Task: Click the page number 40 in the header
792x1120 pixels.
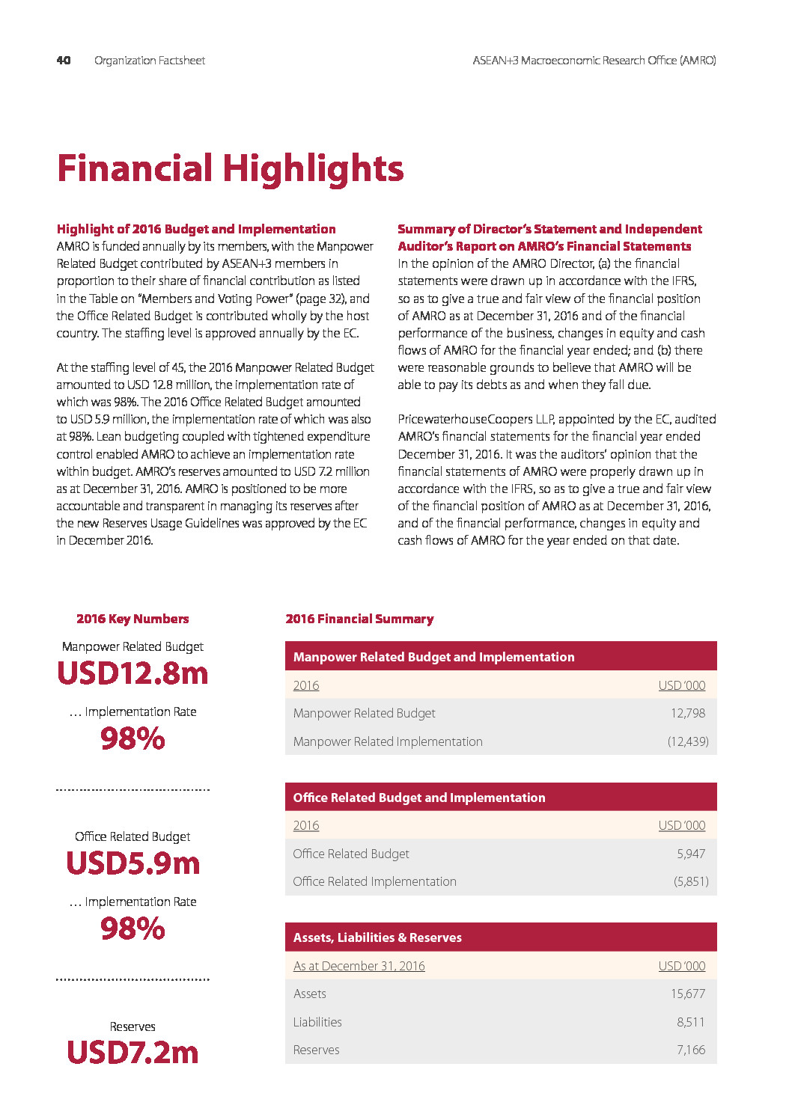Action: (x=64, y=61)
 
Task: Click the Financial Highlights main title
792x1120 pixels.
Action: (x=231, y=168)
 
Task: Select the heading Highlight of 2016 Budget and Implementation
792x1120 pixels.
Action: (x=196, y=229)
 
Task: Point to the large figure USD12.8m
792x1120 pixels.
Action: (x=132, y=673)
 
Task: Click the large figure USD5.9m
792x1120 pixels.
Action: (x=132, y=863)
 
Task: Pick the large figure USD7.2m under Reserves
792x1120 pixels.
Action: (x=132, y=1053)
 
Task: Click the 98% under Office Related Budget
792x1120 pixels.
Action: (x=132, y=928)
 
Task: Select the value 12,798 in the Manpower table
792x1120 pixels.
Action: (x=688, y=713)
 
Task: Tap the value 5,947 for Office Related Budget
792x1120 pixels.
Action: (x=691, y=854)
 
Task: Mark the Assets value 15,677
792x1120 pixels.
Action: (x=688, y=994)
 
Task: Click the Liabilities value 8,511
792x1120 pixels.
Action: (x=691, y=1022)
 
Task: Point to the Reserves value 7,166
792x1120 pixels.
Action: (x=691, y=1050)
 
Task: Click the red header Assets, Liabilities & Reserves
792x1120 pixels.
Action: (x=377, y=937)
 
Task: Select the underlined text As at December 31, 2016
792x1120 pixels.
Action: (x=359, y=966)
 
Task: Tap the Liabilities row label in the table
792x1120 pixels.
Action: (x=317, y=1022)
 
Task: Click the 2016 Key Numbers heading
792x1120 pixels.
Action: (x=132, y=619)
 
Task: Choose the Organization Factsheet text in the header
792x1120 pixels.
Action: (x=150, y=61)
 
